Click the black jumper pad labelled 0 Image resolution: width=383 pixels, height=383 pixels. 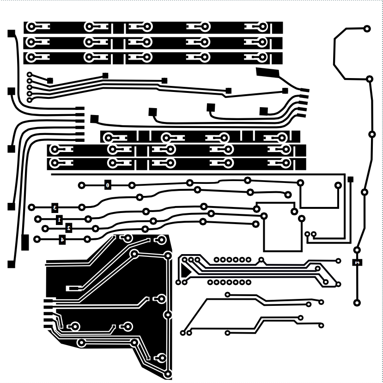point(108,185)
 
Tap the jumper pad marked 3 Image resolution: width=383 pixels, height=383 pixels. point(55,207)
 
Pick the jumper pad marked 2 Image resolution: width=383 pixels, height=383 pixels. point(69,228)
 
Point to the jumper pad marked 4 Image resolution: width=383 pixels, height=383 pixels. point(62,239)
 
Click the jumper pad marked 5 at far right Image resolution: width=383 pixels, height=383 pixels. point(358,262)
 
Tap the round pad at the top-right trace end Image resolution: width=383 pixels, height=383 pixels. point(367,29)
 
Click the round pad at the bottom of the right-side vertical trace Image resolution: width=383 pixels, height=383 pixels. point(357,303)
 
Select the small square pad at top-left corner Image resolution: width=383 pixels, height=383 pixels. point(11,33)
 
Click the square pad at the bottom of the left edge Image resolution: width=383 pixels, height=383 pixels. point(11,264)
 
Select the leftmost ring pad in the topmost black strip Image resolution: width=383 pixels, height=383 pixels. point(31,27)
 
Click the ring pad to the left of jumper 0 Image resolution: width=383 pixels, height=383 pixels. point(82,185)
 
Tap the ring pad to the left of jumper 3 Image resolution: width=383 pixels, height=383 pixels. point(31,207)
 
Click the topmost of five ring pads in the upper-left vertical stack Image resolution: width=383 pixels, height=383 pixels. point(30,74)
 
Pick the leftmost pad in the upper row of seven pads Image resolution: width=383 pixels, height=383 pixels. point(216,260)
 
